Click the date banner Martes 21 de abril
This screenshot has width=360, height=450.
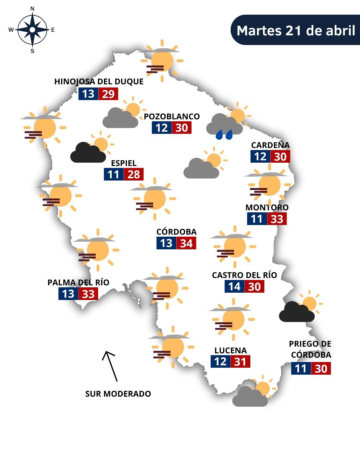coord(296,30)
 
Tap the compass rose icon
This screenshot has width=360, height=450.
coord(32,30)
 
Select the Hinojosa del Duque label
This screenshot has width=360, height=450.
coord(99,82)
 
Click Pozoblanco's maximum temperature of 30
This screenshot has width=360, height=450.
coord(182,128)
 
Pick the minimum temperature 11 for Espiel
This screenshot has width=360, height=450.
coord(114,174)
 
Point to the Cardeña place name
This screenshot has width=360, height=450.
coord(270,145)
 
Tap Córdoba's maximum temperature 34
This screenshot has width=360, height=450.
coord(186,243)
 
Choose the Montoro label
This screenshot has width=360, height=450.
coord(267,207)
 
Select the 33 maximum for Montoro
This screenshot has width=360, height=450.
coord(277,219)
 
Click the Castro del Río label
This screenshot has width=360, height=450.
coord(244,275)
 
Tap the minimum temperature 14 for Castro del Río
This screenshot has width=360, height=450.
coord(234,287)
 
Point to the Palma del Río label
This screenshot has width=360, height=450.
coord(78,283)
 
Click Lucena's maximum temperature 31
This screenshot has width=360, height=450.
coord(240,362)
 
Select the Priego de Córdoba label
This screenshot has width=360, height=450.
coord(310,349)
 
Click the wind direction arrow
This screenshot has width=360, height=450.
coord(110,366)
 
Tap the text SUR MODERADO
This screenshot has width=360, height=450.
coord(118,394)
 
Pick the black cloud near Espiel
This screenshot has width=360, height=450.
coord(87,153)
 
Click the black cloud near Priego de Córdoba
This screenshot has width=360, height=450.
coord(296,312)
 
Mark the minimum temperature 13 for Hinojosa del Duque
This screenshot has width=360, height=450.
coord(88,94)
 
